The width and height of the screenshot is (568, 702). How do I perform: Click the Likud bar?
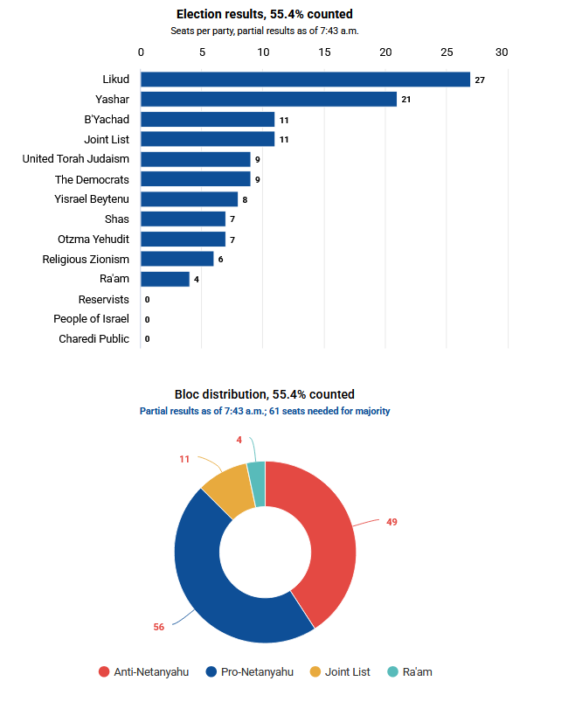tap(305, 80)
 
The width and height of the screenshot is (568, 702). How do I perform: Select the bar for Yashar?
tap(268, 99)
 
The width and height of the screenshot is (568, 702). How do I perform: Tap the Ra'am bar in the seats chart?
tap(165, 279)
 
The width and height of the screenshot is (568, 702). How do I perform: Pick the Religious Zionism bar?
tap(177, 259)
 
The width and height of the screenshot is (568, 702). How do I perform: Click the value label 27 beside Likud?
tap(480, 80)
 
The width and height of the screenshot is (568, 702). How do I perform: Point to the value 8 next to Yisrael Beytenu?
tap(245, 199)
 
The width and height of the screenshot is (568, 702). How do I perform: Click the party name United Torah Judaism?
tap(76, 159)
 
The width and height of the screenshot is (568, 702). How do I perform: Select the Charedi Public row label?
tap(94, 339)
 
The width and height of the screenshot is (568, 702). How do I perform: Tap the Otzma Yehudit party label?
tap(94, 239)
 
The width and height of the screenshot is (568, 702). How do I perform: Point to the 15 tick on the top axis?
tap(324, 52)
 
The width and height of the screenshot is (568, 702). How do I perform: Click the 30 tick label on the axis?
tap(502, 52)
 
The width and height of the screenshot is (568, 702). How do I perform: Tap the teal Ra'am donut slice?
tap(257, 484)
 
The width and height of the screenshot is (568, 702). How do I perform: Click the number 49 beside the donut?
tap(391, 522)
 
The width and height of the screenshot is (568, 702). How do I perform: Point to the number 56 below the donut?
tap(159, 627)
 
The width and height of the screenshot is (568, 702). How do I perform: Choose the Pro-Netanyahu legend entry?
tap(250, 672)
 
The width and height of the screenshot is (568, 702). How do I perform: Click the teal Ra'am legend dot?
tap(392, 672)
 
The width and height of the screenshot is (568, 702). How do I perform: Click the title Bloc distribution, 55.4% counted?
tap(265, 394)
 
